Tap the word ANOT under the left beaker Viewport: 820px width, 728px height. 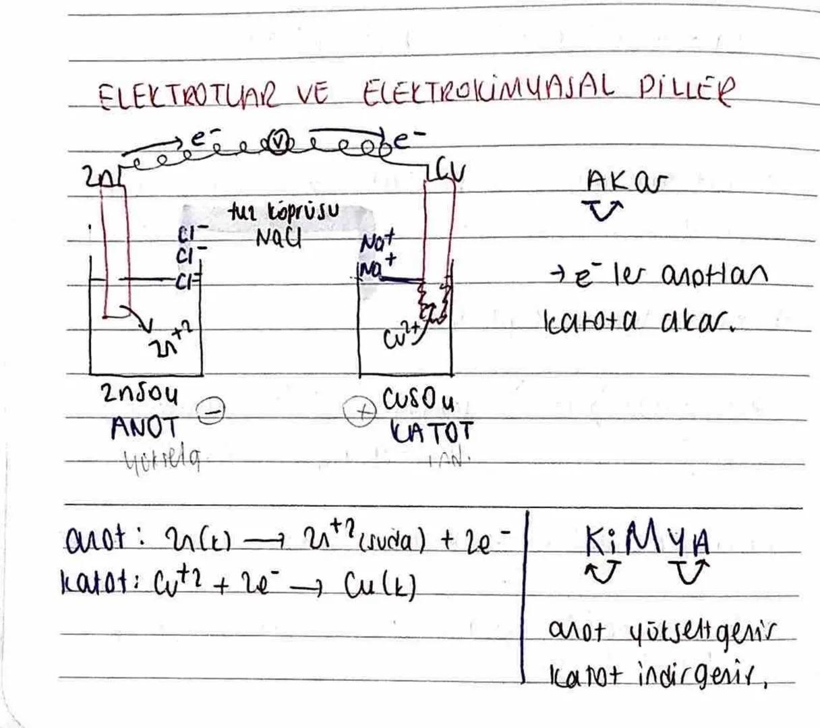pos(145,427)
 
